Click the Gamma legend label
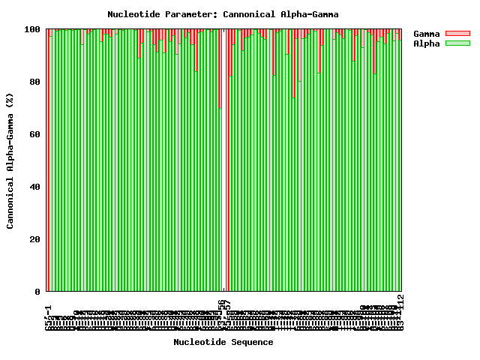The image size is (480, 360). click(427, 34)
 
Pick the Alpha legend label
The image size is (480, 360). click(427, 43)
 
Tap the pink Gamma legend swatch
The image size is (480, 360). click(457, 34)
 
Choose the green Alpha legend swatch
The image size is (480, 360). click(457, 43)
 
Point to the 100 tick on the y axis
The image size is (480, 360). click(33, 29)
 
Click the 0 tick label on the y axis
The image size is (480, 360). click(38, 292)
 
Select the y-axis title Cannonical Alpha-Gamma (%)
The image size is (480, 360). click(10, 160)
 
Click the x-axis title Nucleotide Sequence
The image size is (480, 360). click(223, 342)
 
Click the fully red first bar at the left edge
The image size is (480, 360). click(48, 160)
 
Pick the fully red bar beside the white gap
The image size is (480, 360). click(227, 160)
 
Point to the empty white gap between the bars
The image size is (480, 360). click(223, 160)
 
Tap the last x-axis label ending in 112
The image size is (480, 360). click(401, 312)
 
